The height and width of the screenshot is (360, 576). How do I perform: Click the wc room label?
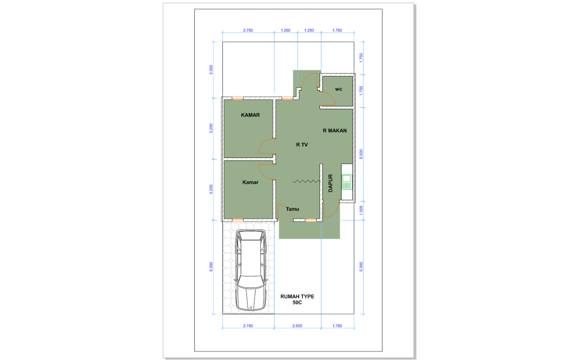pyautogui.click(x=339, y=89)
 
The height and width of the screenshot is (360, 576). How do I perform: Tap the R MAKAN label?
pyautogui.click(x=334, y=130)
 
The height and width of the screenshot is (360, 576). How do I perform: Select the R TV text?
pyautogui.click(x=302, y=145)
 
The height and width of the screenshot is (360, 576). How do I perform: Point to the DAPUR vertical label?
pyautogui.click(x=331, y=183)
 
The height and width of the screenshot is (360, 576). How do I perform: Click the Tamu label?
pyautogui.click(x=292, y=209)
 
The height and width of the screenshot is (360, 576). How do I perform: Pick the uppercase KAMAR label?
pyautogui.click(x=250, y=115)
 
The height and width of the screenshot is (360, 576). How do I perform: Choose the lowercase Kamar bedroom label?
pyautogui.click(x=250, y=182)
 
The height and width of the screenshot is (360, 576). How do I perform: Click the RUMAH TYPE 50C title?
pyautogui.click(x=297, y=299)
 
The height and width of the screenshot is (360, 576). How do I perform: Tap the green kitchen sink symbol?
pyautogui.click(x=346, y=182)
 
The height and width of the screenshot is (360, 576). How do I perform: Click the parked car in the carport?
pyautogui.click(x=251, y=270)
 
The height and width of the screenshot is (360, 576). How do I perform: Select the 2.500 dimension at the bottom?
pyautogui.click(x=297, y=326)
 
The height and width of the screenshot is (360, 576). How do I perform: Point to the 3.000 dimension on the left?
pyautogui.click(x=211, y=70)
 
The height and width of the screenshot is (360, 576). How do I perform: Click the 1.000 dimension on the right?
pyautogui.click(x=361, y=210)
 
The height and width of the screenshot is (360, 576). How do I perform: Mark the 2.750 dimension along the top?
pyautogui.click(x=248, y=30)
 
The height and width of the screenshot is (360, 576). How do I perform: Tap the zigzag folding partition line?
pyautogui.click(x=307, y=181)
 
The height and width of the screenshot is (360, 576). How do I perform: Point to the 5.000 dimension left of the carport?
pyautogui.click(x=211, y=267)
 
